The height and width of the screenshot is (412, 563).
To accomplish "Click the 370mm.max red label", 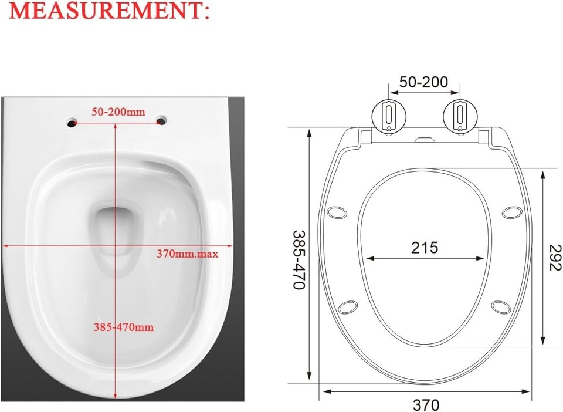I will point(187,254).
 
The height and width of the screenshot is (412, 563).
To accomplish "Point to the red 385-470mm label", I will point(124,327).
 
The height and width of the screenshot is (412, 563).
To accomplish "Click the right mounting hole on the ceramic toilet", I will point(161,121).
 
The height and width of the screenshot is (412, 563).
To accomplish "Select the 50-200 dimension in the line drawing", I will point(423,82).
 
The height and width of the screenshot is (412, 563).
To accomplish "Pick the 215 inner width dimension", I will point(424,248).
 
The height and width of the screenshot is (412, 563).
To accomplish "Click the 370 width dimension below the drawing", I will point(426,405).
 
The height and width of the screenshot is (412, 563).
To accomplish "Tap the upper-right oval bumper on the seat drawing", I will point(511,212).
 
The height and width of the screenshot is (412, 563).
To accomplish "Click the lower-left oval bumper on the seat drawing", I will point(348,306).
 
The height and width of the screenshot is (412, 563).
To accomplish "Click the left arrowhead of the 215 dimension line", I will point(368,258).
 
